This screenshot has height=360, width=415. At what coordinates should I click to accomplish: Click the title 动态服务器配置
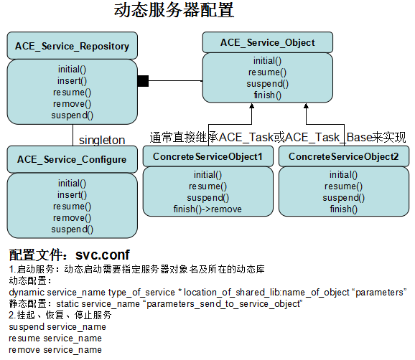click(174, 11)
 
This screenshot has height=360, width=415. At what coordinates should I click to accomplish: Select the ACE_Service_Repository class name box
click(72, 47)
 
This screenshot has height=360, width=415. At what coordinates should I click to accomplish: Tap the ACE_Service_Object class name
click(268, 42)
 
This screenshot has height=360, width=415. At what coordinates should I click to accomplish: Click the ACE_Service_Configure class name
click(72, 159)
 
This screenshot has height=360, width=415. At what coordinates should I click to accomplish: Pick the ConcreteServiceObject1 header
click(208, 156)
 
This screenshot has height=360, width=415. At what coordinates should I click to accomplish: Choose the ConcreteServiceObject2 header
click(343, 156)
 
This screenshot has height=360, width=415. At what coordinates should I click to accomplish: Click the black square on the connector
click(142, 81)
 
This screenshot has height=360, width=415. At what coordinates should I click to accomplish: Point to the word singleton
click(101, 139)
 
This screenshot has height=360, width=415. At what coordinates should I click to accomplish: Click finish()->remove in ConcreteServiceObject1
click(208, 209)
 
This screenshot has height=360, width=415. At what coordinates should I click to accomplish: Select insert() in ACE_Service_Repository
click(72, 80)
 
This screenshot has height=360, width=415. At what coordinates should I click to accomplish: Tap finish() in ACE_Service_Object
click(268, 95)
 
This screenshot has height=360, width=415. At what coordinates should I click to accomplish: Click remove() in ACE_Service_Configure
click(72, 217)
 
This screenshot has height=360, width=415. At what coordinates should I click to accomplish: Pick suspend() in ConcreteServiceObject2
click(343, 198)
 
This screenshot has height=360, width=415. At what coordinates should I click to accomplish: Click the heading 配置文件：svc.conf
click(70, 255)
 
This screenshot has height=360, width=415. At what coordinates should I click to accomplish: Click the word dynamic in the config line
click(26, 292)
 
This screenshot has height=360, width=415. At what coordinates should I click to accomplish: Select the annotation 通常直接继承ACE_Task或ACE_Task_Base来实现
click(278, 137)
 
